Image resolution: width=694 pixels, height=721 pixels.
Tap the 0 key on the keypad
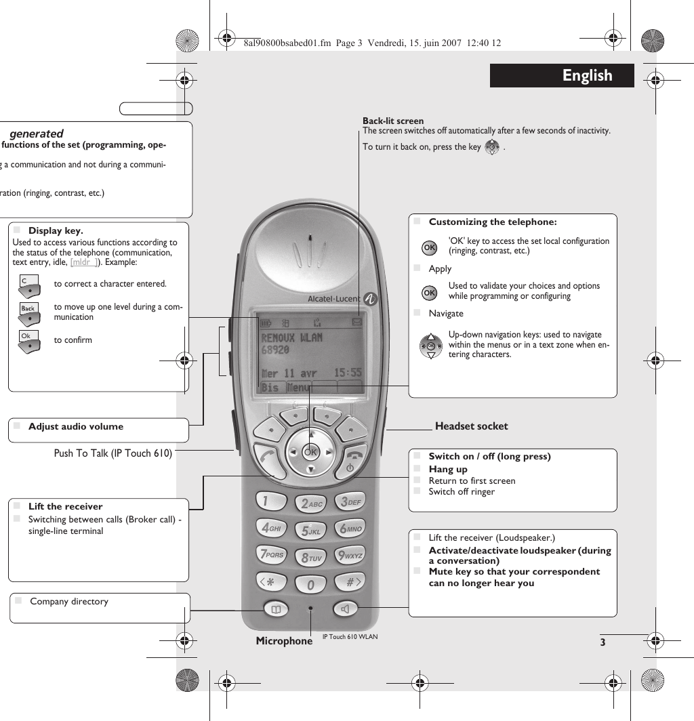pos(311,584)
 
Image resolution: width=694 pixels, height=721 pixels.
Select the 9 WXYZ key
pos(350,556)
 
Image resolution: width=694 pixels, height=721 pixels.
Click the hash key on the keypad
pos(352,581)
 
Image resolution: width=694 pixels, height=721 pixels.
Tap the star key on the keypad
pos(269,581)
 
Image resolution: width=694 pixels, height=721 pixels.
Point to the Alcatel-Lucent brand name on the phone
pos(334,299)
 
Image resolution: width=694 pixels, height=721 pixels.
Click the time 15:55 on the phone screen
pos(348,373)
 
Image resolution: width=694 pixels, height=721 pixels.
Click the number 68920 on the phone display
pos(275,350)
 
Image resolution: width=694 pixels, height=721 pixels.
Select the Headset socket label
pos(471,426)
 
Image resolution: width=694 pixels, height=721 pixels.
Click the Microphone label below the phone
pos(284,641)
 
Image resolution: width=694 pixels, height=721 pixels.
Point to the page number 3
pos(603,642)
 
